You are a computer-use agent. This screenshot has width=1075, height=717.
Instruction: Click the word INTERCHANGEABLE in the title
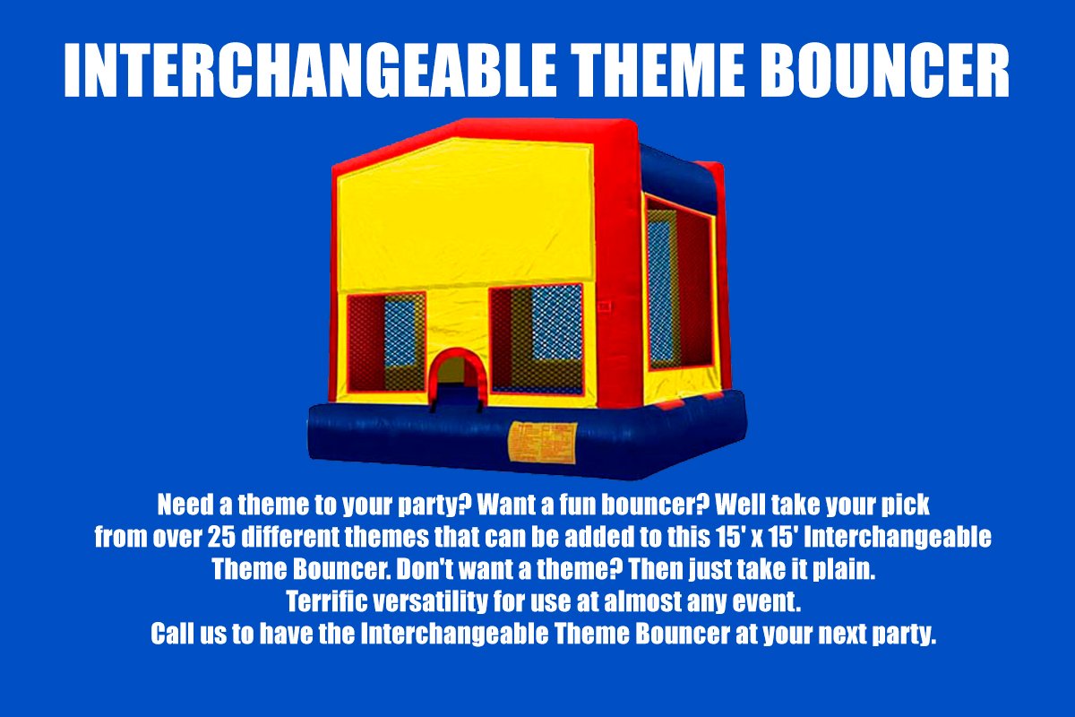click(x=310, y=70)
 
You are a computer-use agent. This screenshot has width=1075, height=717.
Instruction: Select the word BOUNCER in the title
click(x=885, y=70)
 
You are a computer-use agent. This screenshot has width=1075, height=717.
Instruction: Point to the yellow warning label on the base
click(x=542, y=443)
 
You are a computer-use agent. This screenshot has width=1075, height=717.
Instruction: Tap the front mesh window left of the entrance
click(x=386, y=342)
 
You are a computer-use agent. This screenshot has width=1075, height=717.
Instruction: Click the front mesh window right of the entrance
click(x=537, y=339)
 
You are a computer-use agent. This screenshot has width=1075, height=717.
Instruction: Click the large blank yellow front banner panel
click(x=465, y=213)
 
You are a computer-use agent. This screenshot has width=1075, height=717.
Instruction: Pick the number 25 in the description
click(x=222, y=537)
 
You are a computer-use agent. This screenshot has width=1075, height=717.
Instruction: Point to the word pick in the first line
click(x=906, y=505)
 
